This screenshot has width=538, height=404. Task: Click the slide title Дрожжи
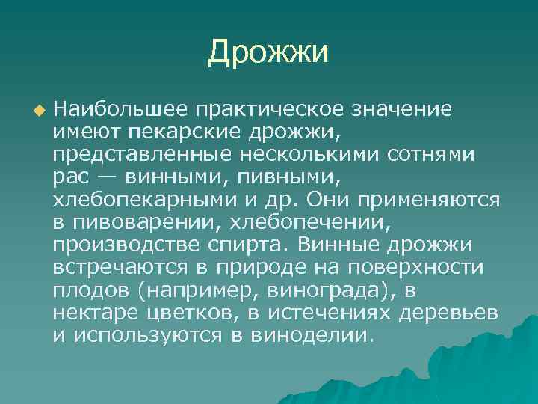(268, 52)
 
